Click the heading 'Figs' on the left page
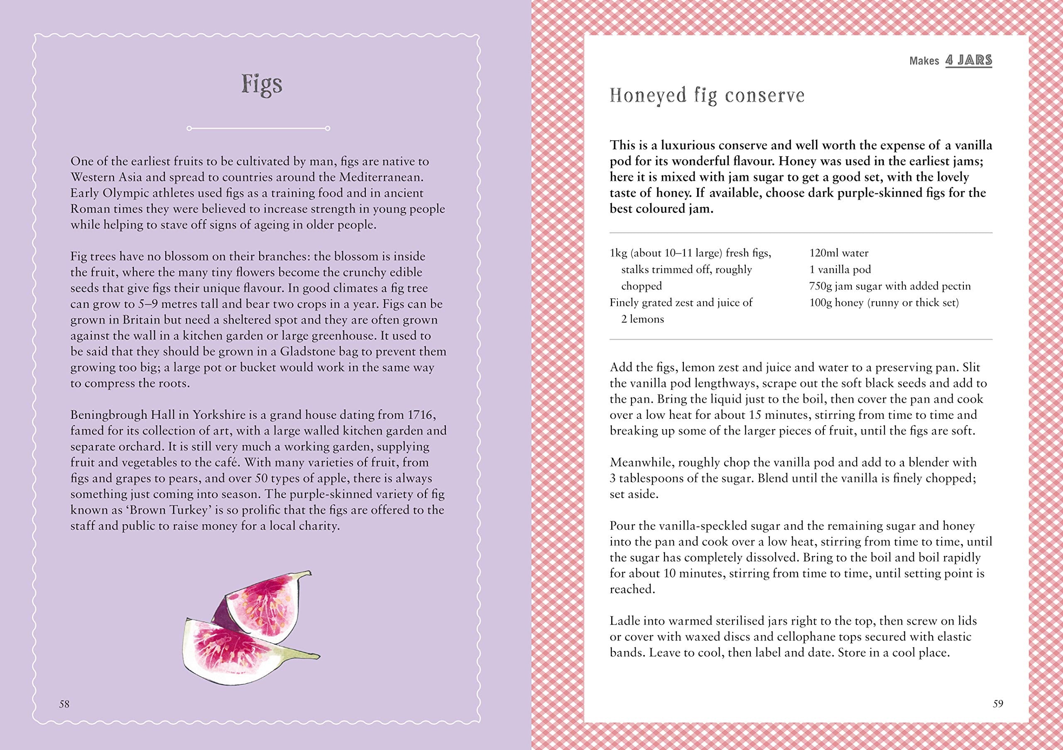pos(262,85)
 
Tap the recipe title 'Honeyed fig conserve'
pos(707,96)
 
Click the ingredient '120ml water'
pos(838,253)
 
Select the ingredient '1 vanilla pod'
pos(840,270)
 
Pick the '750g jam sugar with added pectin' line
pos(889,286)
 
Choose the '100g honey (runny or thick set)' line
pos(884,303)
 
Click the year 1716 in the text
pos(419,415)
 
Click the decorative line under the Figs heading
pos(258,128)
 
